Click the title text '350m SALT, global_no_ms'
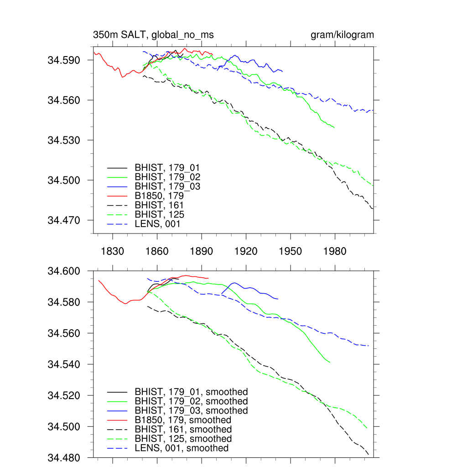click(153, 35)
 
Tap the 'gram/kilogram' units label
click(342, 35)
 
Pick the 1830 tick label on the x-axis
click(113, 251)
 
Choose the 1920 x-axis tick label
click(246, 251)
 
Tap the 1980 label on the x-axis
click(335, 251)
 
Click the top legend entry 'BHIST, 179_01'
click(167, 168)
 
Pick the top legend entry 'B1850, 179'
click(162, 196)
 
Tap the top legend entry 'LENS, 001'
click(157, 224)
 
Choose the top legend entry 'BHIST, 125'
click(159, 215)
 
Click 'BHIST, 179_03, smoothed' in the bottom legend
click(191, 410)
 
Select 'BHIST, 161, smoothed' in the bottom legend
click(183, 430)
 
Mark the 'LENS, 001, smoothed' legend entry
click(181, 448)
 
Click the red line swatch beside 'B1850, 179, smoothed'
click(117, 420)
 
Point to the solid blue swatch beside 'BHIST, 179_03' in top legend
click(117, 187)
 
